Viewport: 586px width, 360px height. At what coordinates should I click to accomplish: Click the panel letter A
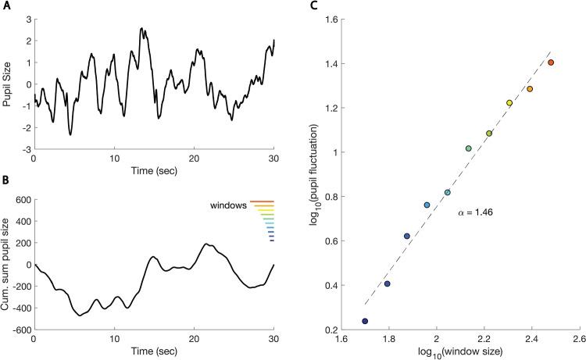(4, 6)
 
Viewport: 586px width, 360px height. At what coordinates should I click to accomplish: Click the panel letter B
(4, 185)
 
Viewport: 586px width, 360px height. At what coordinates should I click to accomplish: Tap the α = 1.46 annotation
(476, 212)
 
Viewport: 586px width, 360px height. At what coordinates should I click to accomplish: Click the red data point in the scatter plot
(551, 62)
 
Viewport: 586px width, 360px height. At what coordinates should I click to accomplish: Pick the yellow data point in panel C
(509, 103)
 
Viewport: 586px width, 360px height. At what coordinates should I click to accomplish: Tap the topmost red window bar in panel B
(262, 202)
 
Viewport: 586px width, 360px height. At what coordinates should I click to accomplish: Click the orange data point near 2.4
(530, 89)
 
